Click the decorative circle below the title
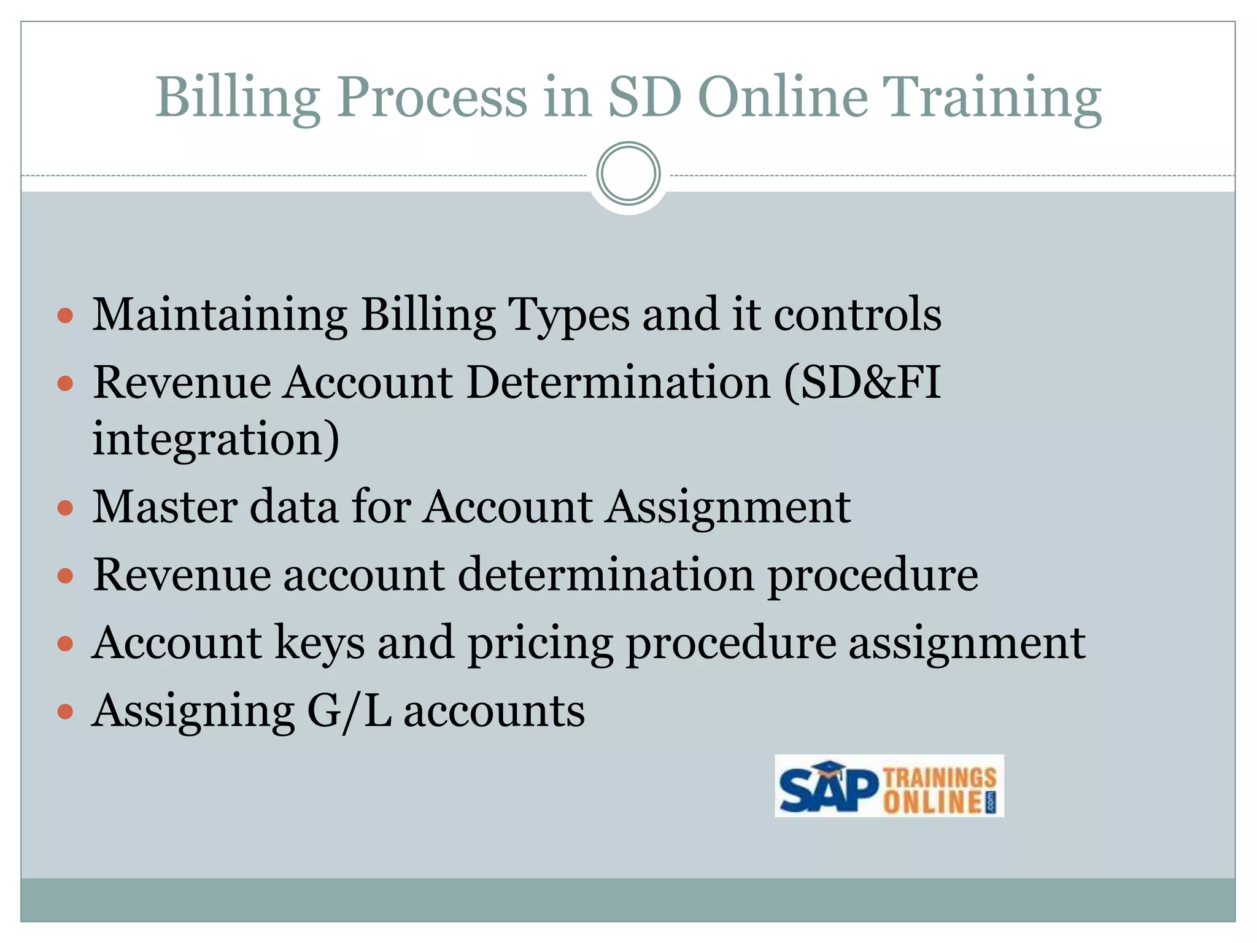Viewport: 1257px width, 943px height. click(628, 174)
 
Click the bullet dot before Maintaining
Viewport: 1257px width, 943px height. click(65, 317)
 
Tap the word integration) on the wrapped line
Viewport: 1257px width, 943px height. click(215, 440)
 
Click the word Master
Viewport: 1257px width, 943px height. click(164, 507)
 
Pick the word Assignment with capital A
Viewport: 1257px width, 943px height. click(727, 508)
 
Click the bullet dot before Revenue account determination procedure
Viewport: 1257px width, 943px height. click(65, 576)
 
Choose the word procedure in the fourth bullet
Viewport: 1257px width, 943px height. click(873, 576)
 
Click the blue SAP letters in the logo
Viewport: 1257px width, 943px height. click(826, 788)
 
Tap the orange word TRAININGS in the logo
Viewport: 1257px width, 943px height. click(939, 777)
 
